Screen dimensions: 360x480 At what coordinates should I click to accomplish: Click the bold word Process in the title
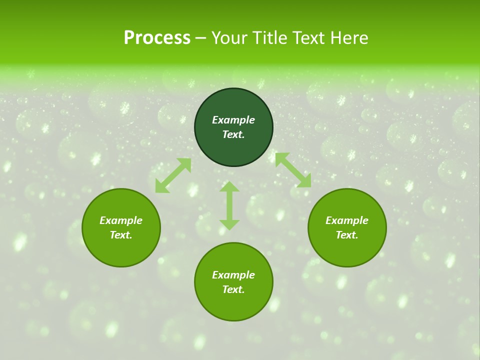tap(157, 38)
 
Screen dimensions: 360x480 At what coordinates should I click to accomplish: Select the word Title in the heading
tap(269, 38)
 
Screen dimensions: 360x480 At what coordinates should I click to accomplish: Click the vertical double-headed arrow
tap(229, 205)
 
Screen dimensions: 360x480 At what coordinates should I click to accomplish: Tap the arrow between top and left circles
tap(173, 175)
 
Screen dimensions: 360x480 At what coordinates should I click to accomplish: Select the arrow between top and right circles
tap(293, 170)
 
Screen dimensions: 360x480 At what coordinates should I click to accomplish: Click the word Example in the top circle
tap(233, 120)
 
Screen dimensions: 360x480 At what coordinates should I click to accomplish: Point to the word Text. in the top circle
tap(233, 134)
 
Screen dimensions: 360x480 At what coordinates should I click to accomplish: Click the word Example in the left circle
tap(121, 220)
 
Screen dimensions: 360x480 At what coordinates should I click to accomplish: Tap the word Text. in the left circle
tap(121, 235)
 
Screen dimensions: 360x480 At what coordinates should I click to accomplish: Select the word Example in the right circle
tap(347, 220)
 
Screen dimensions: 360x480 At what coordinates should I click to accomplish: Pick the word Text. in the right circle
tap(347, 235)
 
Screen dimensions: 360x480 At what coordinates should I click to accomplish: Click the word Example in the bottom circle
tap(233, 275)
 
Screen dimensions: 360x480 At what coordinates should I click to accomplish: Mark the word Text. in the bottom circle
tap(233, 289)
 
